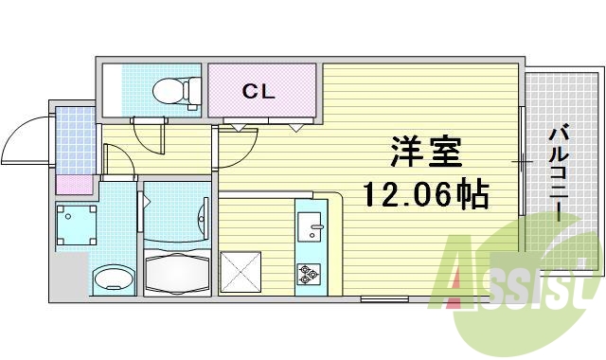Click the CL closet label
point(258,91)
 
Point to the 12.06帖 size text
point(425,196)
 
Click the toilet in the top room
point(175,90)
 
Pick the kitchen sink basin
point(310,227)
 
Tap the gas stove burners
point(309,274)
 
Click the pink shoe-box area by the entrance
point(74,186)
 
